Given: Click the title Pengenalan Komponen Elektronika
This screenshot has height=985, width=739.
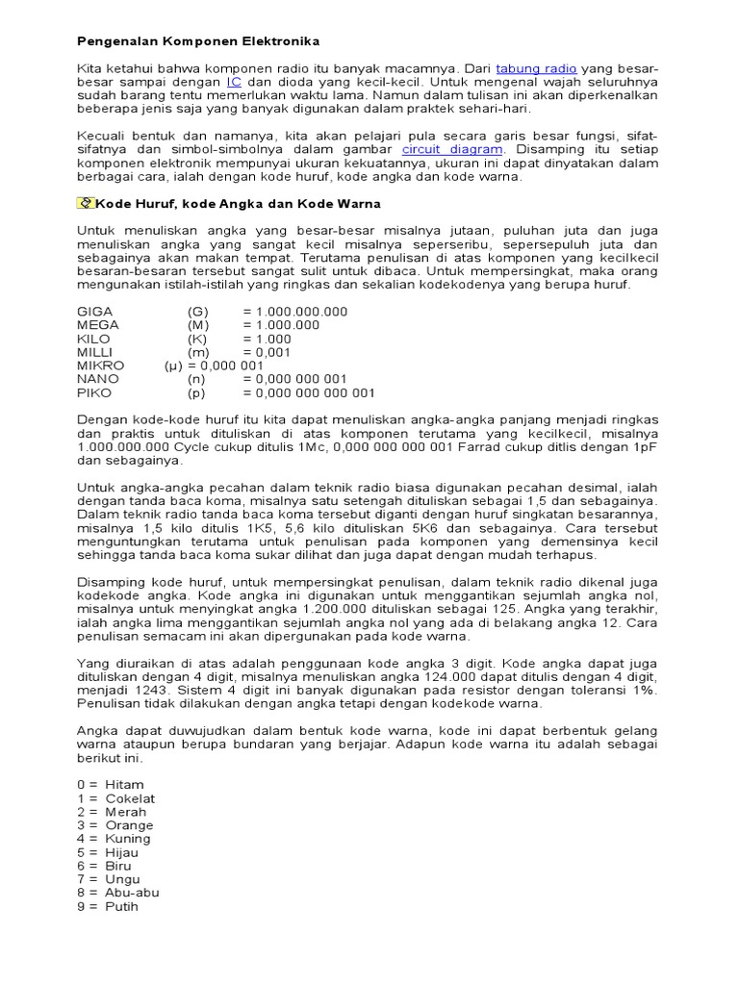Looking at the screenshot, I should click(x=198, y=42).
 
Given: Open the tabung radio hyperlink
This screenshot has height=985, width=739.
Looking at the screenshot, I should click(x=536, y=69).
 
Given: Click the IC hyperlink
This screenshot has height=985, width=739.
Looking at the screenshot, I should click(x=234, y=83).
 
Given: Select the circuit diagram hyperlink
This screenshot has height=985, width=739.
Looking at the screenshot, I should click(x=452, y=150).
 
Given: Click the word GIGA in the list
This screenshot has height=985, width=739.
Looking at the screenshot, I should click(x=94, y=313).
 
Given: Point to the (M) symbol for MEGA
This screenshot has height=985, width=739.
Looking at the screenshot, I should click(x=198, y=326).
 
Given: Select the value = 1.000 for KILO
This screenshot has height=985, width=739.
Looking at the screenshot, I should click(x=267, y=340).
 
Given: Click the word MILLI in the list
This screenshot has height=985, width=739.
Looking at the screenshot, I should click(x=95, y=353).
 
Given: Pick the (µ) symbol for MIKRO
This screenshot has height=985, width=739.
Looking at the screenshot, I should click(x=173, y=366).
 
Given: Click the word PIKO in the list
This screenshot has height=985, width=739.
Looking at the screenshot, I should click(x=94, y=393).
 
